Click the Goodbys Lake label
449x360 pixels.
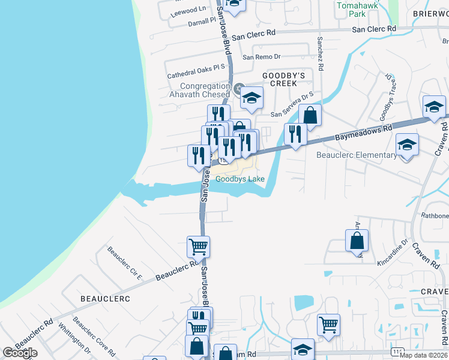click(x=240, y=179)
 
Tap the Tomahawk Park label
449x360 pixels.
click(x=351, y=9)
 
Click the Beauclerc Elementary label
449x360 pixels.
click(x=357, y=155)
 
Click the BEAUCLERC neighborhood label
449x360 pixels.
click(x=105, y=298)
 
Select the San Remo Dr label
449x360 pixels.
click(x=261, y=57)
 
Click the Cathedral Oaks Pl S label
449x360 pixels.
click(x=196, y=71)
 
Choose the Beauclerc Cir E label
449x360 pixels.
click(x=124, y=263)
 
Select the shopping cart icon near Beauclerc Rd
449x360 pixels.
click(x=198, y=246)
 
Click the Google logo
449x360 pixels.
click(x=20, y=353)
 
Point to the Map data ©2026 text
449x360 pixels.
click(x=423, y=355)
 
